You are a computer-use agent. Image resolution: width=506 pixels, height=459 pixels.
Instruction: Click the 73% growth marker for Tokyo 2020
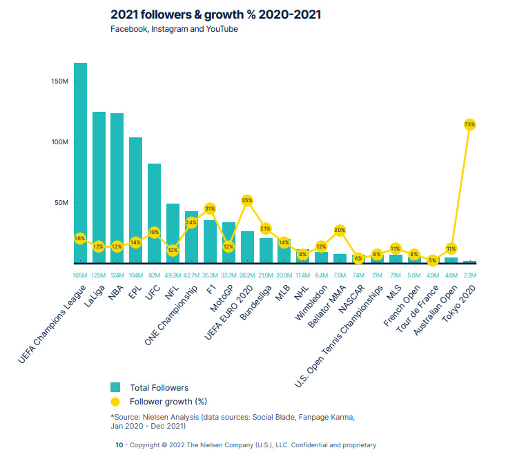coord(469,124)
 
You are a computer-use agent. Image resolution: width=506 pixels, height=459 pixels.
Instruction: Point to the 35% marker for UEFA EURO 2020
coord(247,200)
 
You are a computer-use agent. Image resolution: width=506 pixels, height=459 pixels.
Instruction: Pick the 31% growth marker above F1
coord(210,208)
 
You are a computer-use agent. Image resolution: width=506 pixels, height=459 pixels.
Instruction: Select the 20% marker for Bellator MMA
coord(340,230)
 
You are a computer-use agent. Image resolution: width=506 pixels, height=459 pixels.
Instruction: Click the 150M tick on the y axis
coord(60,81)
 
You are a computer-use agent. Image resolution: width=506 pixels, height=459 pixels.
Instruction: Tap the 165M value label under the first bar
coord(80,275)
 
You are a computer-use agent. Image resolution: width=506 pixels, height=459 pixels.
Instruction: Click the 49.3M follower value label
coord(173,275)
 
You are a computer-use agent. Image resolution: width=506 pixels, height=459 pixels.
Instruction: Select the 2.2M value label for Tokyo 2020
coord(469,275)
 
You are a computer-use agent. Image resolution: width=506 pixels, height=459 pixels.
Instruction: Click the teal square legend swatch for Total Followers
coord(115,387)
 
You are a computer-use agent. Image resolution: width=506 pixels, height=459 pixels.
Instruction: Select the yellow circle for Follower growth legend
coord(115,401)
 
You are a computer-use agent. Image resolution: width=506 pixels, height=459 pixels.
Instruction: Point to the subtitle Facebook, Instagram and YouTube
coord(174,29)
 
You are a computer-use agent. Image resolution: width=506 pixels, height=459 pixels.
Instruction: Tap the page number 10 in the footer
coord(118,445)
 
